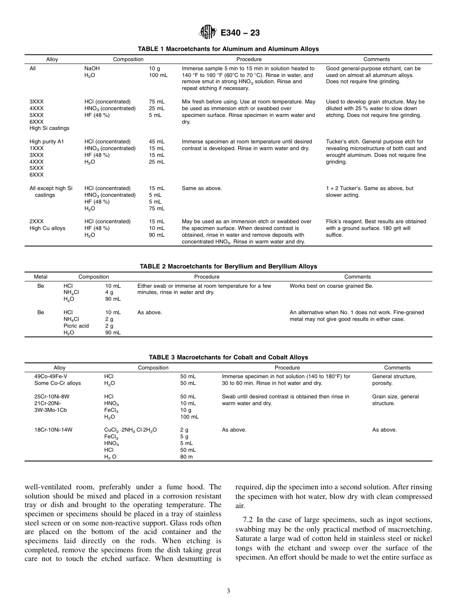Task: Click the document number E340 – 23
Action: pyautogui.click(x=240, y=33)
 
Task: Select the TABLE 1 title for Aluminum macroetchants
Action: pyautogui.click(x=228, y=49)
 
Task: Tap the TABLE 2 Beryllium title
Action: pyautogui.click(x=228, y=266)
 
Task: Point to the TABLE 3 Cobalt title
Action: pyautogui.click(x=228, y=357)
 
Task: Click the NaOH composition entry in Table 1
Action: pyautogui.click(x=92, y=68)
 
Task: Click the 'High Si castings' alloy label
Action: pyautogui.click(x=49, y=128)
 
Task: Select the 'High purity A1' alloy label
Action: pyautogui.click(x=47, y=141)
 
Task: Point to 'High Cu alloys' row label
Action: pyautogui.click(x=47, y=228)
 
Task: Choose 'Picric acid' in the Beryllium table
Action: pyautogui.click(x=76, y=326)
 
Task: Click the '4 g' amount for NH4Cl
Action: pyautogui.click(x=109, y=292)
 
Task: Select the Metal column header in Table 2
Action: pyautogui.click(x=41, y=277)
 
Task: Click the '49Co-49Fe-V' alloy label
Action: pyautogui.click(x=51, y=376)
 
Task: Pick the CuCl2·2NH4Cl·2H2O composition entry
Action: pyautogui.click(x=130, y=430)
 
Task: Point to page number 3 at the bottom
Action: pyautogui.click(x=228, y=591)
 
